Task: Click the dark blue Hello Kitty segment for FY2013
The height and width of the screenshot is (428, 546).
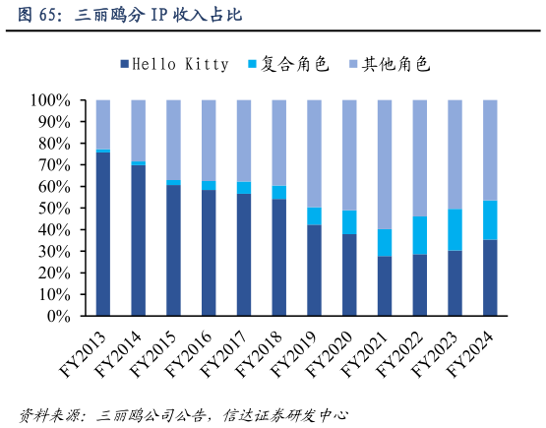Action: tap(103, 234)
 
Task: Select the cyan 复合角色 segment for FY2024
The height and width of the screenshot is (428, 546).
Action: tap(489, 220)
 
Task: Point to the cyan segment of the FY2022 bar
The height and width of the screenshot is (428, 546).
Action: tap(419, 235)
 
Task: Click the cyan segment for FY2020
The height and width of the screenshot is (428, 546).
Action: tap(349, 221)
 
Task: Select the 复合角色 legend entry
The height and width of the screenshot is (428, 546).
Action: tap(287, 64)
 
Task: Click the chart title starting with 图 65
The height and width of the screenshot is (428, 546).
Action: tap(129, 16)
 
